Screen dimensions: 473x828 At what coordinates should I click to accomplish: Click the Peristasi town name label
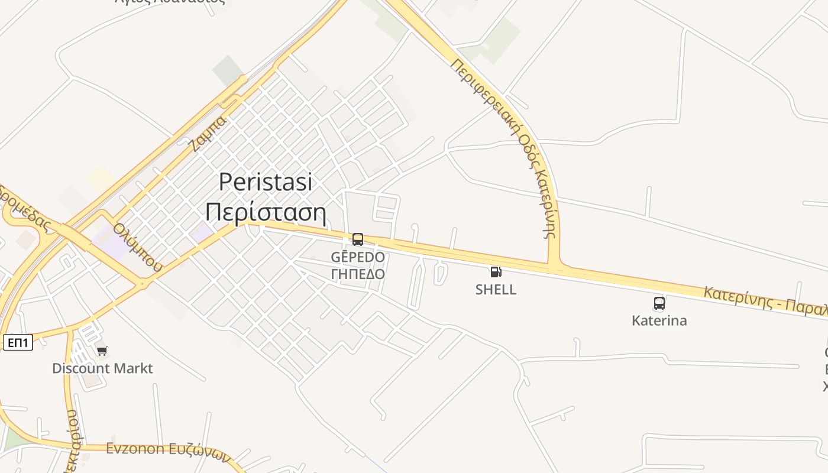[266, 182]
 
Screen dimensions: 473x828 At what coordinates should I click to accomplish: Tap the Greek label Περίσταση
[266, 212]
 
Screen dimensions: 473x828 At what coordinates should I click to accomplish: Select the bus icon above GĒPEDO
[358, 239]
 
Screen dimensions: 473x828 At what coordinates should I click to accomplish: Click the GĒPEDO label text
[358, 257]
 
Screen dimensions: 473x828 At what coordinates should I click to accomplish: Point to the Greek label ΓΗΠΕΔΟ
[358, 274]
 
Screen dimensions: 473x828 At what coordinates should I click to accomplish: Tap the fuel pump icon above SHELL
[496, 272]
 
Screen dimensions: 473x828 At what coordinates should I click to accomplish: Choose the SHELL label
[496, 290]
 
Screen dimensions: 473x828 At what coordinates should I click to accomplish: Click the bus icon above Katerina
[659, 303]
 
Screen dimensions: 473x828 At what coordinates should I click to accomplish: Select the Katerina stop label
[659, 321]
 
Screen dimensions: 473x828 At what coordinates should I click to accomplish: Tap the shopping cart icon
[102, 351]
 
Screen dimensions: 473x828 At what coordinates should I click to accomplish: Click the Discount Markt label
[102, 368]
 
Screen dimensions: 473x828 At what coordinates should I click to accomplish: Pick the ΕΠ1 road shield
[18, 342]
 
